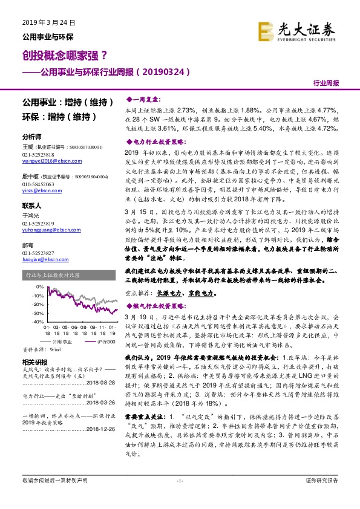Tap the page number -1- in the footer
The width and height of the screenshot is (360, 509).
point(180,497)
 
